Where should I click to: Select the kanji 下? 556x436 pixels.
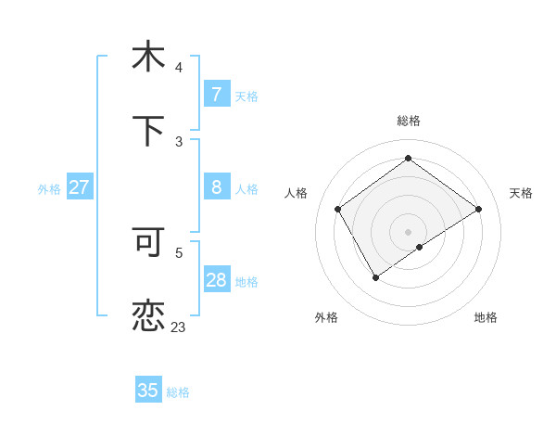coord(148,130)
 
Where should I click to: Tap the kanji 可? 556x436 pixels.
coord(148,243)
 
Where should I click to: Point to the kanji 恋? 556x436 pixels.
coord(148,315)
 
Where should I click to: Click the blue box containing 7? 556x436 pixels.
coord(216,94)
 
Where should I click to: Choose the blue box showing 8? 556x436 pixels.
coord(216,187)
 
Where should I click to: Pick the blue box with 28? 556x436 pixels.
coord(216,280)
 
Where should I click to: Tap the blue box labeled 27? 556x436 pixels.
coord(79,187)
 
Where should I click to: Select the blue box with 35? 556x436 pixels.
coord(148,391)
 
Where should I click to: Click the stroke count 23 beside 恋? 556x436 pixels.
coord(178,327)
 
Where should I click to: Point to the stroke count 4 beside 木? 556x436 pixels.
coord(179,68)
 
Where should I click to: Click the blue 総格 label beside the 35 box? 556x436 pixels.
coord(178,392)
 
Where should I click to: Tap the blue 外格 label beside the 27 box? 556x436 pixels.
coord(49,189)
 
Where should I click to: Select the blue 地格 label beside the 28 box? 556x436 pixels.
coord(246,282)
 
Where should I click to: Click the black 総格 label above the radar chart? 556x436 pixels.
coord(409,121)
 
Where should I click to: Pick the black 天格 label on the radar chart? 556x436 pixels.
coord(521,193)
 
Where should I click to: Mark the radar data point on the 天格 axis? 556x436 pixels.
coord(478,210)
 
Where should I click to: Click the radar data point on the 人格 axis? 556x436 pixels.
coord(338,210)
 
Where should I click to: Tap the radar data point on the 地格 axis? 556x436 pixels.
coord(420,247)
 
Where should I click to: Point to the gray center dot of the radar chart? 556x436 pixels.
coord(408,231)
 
